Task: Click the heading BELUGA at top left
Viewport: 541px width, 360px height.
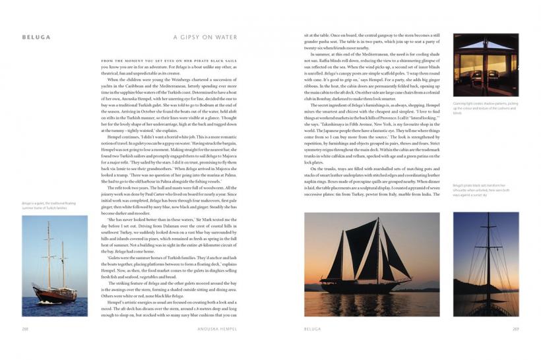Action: (x=36, y=38)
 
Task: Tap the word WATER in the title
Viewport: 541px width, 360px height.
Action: (x=226, y=38)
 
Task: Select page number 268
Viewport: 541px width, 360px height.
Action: (x=26, y=328)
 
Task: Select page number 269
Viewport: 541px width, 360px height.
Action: (x=515, y=328)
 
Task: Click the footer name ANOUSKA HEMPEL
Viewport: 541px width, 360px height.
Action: (x=217, y=328)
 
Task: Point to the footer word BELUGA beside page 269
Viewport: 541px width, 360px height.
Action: (x=312, y=328)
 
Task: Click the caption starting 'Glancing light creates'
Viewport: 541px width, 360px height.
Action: (x=485, y=108)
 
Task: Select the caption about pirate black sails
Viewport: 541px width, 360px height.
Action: (x=485, y=190)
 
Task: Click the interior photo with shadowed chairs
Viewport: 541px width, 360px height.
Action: (x=486, y=65)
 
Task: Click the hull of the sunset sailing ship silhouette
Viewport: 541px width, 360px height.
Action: (x=369, y=285)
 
